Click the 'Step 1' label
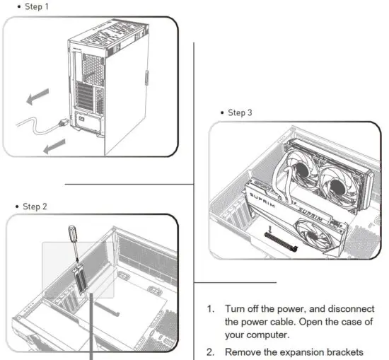tap(23, 6)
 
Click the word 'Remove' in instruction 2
tap(245, 352)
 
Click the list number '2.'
tap(210, 352)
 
